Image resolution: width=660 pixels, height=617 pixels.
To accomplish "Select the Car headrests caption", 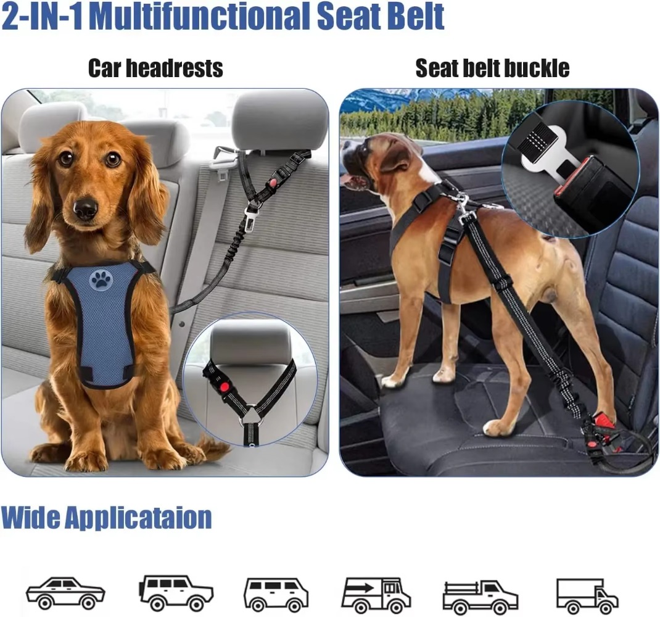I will coord(155,68).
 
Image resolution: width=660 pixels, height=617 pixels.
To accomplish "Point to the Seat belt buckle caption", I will coord(492,68).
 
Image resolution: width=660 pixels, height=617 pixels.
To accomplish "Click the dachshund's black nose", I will coord(85,209).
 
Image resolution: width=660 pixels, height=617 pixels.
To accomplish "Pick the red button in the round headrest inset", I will coord(223,386).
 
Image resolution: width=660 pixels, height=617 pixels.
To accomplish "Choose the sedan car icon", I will coord(65,593).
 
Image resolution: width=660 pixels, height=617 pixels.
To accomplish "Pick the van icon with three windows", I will coord(276,594).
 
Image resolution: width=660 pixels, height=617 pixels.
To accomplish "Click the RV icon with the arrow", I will coord(376,594).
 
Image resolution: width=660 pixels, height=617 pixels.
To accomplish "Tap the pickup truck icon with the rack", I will coord(481,595).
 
